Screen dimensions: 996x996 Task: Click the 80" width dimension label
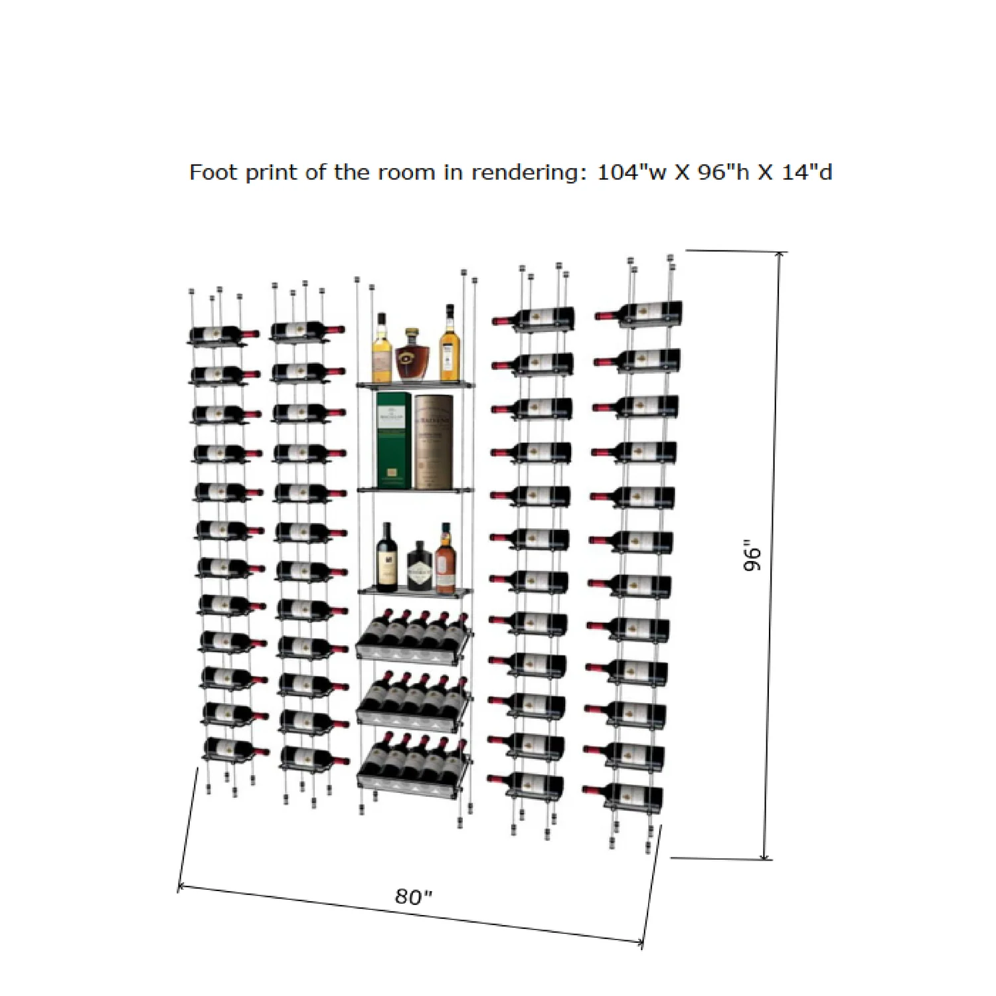tap(414, 897)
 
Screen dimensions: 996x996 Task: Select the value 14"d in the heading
tap(807, 172)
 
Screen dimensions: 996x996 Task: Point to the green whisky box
tap(394, 440)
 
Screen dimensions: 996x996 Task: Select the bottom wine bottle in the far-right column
tap(623, 795)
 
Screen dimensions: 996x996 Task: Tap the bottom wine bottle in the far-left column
tap(236, 749)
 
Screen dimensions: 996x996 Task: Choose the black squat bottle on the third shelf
tap(420, 566)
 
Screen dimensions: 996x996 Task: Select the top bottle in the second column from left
tap(308, 330)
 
